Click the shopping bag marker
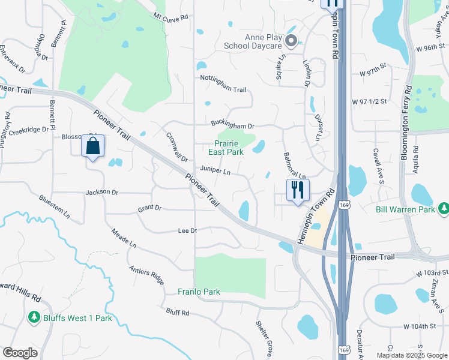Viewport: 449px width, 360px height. point(93,146)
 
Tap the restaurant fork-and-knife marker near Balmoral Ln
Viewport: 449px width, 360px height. point(297,190)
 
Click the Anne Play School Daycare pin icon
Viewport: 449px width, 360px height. point(291,41)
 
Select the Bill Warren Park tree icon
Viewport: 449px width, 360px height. point(444,209)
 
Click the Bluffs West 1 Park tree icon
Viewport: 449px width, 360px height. point(34,317)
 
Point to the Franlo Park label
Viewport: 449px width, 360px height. point(199,292)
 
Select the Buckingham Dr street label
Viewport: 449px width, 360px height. point(233,124)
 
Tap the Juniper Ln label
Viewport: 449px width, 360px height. point(215,171)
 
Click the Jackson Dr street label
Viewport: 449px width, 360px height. point(102,193)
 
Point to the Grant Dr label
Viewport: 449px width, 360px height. point(149,208)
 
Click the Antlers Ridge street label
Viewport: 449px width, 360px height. point(146,275)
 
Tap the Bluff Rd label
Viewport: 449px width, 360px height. point(178,313)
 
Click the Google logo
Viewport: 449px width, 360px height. point(20,352)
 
